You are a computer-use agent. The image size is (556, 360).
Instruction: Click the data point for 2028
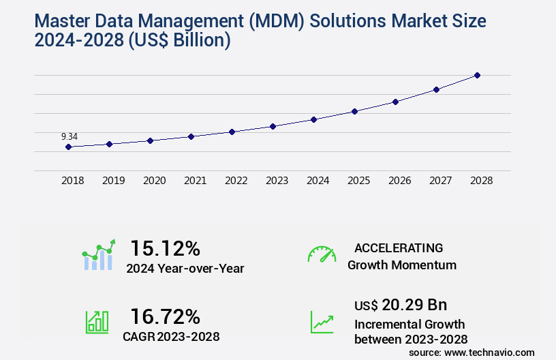[477, 75]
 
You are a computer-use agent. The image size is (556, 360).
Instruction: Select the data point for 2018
[68, 147]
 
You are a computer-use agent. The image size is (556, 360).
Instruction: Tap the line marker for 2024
[313, 119]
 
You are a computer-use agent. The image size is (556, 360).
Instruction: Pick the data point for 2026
[395, 102]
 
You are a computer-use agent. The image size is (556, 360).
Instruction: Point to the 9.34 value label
[69, 136]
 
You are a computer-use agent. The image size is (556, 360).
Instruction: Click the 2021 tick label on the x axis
[195, 181]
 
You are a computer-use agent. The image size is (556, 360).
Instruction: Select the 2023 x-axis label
[277, 181]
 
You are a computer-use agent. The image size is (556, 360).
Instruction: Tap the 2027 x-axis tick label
[440, 181]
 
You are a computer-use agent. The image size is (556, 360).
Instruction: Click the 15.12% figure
[165, 247]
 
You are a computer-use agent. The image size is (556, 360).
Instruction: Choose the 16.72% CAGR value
[165, 316]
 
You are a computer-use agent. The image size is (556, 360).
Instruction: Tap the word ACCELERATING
[399, 247]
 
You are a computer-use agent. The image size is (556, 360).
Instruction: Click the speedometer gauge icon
[322, 254]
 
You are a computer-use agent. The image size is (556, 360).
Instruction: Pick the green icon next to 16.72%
[97, 321]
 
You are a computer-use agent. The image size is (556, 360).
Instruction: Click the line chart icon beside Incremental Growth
[322, 321]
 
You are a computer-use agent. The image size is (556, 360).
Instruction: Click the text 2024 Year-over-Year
[185, 268]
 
